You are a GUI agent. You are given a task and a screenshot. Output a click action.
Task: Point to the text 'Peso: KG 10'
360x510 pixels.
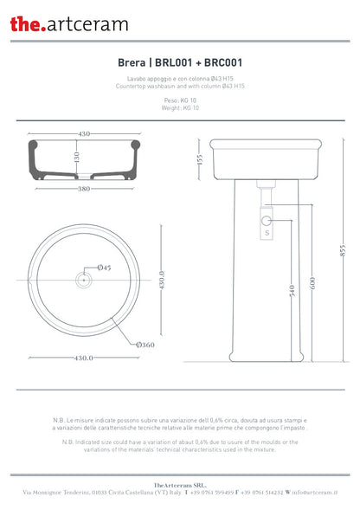[x=179, y=100]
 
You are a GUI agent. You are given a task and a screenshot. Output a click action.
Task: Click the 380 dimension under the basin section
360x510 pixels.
[x=85, y=188]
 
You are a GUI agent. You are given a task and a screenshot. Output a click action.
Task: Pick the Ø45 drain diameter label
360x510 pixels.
[x=104, y=267]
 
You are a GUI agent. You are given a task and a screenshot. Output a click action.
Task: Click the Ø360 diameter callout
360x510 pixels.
[x=145, y=345]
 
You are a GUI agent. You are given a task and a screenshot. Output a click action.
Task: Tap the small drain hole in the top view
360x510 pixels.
[x=84, y=280]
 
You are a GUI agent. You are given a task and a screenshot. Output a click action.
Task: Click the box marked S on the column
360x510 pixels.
[x=267, y=231]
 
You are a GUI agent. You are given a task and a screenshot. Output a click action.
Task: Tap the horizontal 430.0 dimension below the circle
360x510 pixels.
[x=84, y=357]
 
